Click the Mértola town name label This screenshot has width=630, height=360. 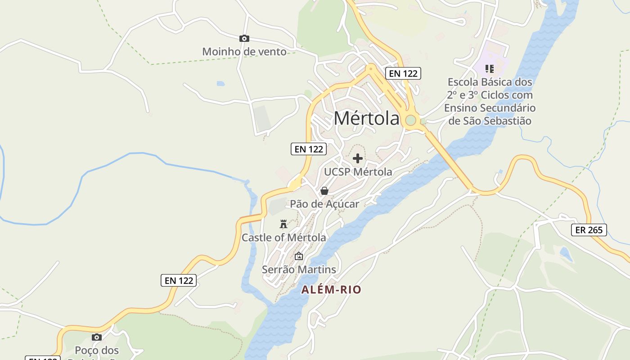pos(366,118)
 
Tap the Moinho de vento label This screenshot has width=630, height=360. pos(244,52)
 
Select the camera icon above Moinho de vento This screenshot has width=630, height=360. pos(244,39)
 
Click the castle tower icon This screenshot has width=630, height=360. pos(283,224)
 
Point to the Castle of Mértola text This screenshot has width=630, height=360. pos(283,237)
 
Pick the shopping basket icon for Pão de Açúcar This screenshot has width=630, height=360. pos(324,191)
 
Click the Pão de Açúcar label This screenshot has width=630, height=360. pos(324,204)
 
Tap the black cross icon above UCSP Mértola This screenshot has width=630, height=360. pos(358,158)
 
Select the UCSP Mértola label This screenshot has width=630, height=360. pos(358,172)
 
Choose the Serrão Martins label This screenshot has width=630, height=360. pos(299,270)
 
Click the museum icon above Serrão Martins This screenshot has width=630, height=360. pos(299,256)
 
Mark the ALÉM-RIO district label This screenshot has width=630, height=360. pos(331,290)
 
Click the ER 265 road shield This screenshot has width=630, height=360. pos(589,230)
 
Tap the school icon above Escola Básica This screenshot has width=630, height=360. pos(490,69)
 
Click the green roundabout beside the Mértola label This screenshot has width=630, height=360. pos(410,120)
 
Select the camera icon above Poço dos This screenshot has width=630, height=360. pos(96,337)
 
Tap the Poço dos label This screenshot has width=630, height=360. pos(96,350)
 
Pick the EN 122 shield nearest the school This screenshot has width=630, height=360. pos(403,73)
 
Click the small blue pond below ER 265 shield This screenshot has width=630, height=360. pos(566,255)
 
